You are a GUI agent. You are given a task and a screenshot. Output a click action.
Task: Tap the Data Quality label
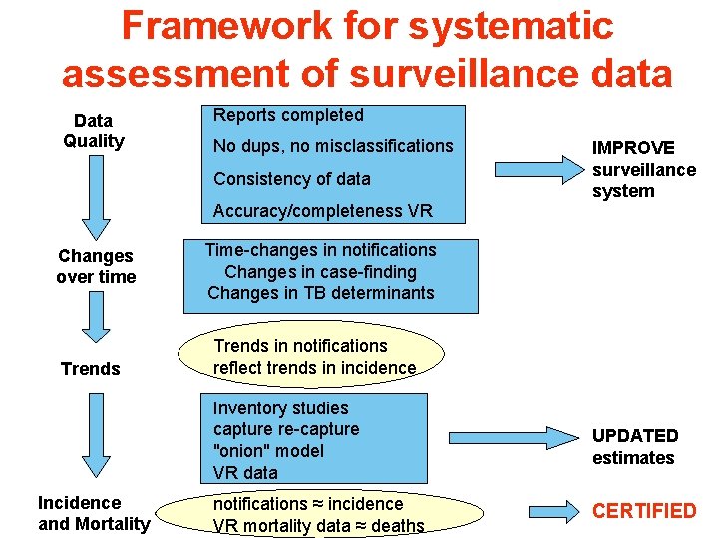[x=94, y=131]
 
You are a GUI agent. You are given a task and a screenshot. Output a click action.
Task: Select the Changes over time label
[x=96, y=266]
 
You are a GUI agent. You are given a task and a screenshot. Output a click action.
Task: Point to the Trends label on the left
[x=90, y=369]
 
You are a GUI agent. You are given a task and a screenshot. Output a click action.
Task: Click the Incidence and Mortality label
[x=94, y=513]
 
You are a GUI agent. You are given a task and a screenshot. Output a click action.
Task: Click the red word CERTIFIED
[x=644, y=511]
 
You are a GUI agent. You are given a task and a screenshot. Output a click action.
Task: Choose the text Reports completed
[x=288, y=115]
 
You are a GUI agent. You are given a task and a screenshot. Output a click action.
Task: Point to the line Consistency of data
[x=291, y=179]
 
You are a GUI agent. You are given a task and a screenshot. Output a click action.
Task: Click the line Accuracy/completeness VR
[x=322, y=211]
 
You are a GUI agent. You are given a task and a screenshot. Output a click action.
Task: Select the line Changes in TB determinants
[x=321, y=293]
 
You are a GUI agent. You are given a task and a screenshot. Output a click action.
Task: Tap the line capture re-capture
[x=285, y=429]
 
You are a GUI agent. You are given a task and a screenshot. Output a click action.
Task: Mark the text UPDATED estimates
[x=634, y=447]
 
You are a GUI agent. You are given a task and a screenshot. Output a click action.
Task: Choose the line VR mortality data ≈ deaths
[x=318, y=525]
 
